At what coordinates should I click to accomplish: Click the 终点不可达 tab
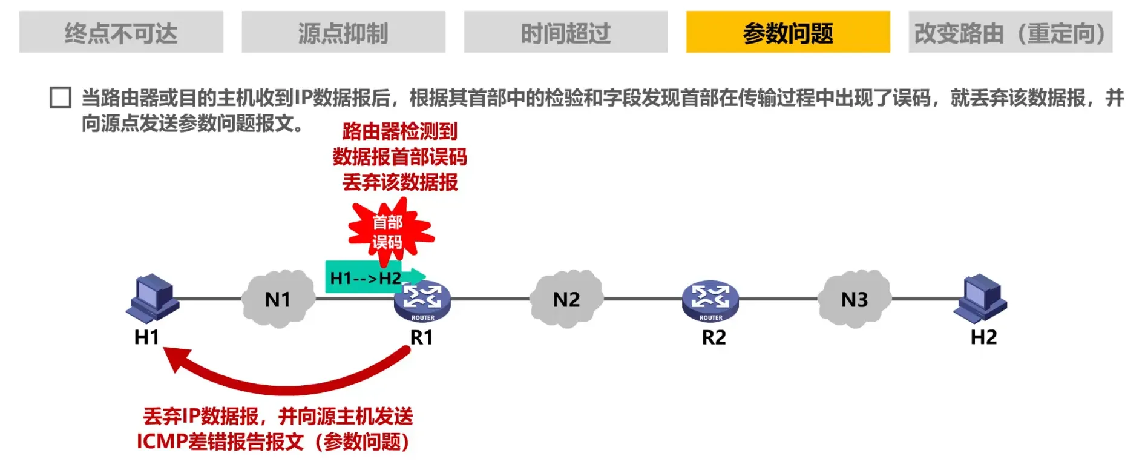click(x=121, y=32)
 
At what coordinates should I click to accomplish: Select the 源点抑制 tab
click(x=343, y=32)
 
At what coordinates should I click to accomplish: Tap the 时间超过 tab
click(x=566, y=32)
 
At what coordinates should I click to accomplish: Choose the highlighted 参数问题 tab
click(x=788, y=32)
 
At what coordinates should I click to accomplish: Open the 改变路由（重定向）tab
click(x=1010, y=32)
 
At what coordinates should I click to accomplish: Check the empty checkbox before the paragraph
click(x=61, y=98)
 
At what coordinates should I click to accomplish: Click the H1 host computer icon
click(x=153, y=297)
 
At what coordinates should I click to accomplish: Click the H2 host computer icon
click(x=980, y=297)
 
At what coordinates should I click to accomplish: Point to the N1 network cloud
click(x=278, y=299)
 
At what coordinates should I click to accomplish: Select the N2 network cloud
click(x=566, y=299)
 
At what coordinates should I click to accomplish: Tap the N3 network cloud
click(x=854, y=299)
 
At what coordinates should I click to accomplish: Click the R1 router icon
click(x=422, y=301)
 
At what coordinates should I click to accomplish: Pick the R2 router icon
click(x=710, y=301)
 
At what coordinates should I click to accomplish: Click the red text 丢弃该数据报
click(x=400, y=182)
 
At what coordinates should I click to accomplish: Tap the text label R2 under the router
click(x=714, y=337)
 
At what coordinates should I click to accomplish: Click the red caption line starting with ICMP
click(x=273, y=442)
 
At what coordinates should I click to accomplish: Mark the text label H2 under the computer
click(x=983, y=337)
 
